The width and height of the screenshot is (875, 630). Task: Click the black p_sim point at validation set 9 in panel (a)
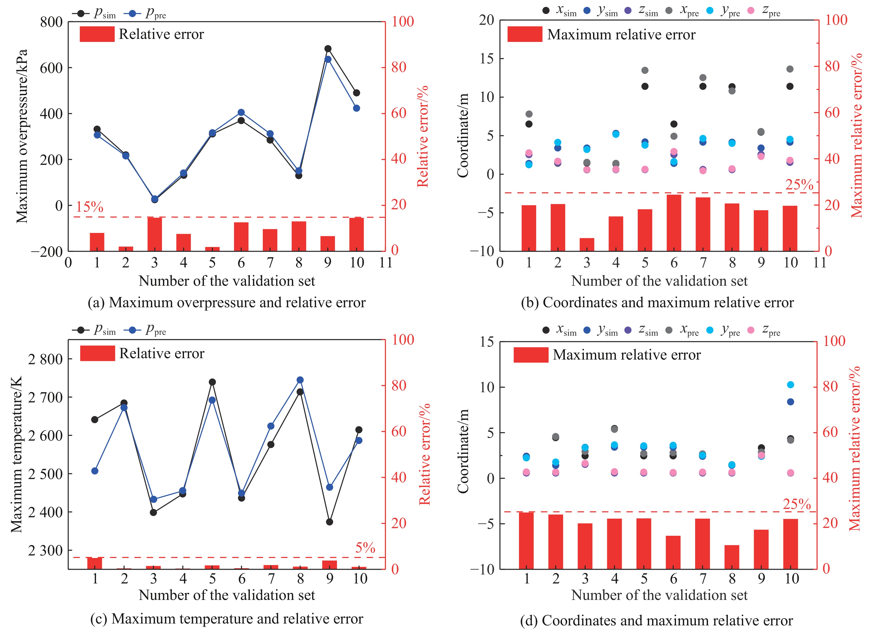[328, 49]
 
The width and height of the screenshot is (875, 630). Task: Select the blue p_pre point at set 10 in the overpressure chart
[356, 108]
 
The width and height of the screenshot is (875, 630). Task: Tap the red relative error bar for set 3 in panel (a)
[154, 234]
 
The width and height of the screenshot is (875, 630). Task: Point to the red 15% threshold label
[90, 207]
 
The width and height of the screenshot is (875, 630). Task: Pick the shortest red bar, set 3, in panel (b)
[587, 244]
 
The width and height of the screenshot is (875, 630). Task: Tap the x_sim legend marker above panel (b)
[546, 10]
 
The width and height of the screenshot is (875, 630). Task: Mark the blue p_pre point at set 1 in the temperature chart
[95, 471]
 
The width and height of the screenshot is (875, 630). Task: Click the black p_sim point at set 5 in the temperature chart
[212, 382]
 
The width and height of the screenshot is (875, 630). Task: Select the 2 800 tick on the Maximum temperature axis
[46, 359]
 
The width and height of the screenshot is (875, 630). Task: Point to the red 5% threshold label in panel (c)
[365, 547]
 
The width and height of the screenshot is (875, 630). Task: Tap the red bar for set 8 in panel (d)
[732, 557]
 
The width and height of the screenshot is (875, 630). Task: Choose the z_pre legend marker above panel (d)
[751, 330]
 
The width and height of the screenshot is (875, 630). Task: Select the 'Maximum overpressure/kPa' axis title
[22, 136]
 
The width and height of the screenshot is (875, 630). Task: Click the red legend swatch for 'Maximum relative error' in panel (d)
[531, 355]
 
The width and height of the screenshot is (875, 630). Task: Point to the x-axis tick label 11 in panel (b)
[819, 263]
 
